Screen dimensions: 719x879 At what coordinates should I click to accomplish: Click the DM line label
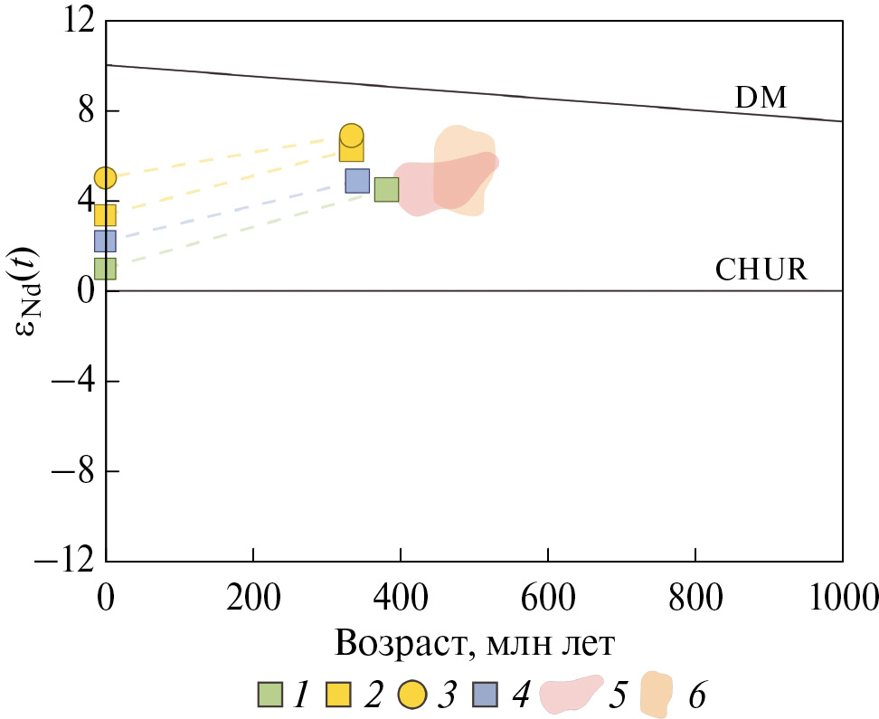pos(761,98)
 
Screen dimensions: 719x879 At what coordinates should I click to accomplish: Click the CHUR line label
pos(761,270)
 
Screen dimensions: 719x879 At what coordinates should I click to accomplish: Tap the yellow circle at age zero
pos(106,177)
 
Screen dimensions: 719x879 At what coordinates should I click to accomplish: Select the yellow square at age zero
pos(106,215)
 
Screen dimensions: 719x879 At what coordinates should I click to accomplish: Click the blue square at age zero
pos(106,241)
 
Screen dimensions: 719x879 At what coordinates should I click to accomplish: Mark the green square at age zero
pos(106,269)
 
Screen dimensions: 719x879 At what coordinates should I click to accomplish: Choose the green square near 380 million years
pos(386,189)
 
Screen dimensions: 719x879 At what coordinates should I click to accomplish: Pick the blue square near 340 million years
pos(357,181)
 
